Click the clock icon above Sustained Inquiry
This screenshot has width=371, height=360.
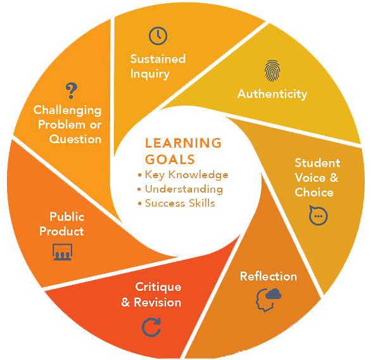pos(158,36)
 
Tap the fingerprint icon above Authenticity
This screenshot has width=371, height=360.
pos(272,71)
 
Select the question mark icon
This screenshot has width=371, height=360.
pos(71,91)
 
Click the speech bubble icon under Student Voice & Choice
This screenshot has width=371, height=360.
pos(318,215)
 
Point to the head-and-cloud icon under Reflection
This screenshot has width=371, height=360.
pos(268,300)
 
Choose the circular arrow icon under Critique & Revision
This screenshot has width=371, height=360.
pos(151,327)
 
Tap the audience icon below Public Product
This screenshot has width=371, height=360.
pos(62,252)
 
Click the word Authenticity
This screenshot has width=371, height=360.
pos(272,94)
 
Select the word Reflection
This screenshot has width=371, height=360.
pos(268,276)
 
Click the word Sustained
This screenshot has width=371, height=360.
pos(158,59)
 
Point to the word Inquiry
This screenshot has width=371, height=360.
pos(150,74)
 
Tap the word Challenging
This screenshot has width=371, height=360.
pos(68,111)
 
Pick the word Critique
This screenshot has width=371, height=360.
pos(158,288)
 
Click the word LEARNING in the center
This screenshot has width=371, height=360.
pos(183,143)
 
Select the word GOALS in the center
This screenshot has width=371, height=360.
pos(170,159)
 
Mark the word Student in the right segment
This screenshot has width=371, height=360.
pos(317,163)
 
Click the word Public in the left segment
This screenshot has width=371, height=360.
pos(67,217)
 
